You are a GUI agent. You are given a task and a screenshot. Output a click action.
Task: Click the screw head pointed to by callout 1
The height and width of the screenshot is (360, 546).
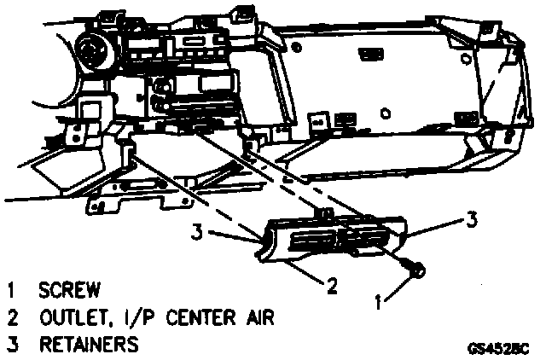[416, 270]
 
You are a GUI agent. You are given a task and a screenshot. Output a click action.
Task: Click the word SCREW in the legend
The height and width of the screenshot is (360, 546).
[71, 290]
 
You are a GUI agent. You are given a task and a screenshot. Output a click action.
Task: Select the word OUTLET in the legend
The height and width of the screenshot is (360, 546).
[72, 318]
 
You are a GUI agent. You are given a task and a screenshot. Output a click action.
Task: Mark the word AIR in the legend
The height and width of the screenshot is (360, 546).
[255, 318]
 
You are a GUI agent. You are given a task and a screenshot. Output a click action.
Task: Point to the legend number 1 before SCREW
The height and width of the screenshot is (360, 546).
[10, 290]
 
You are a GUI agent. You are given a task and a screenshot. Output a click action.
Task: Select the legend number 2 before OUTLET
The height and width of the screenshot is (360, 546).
[10, 318]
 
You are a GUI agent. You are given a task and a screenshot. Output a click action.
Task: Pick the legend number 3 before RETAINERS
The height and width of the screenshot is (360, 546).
[10, 345]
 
